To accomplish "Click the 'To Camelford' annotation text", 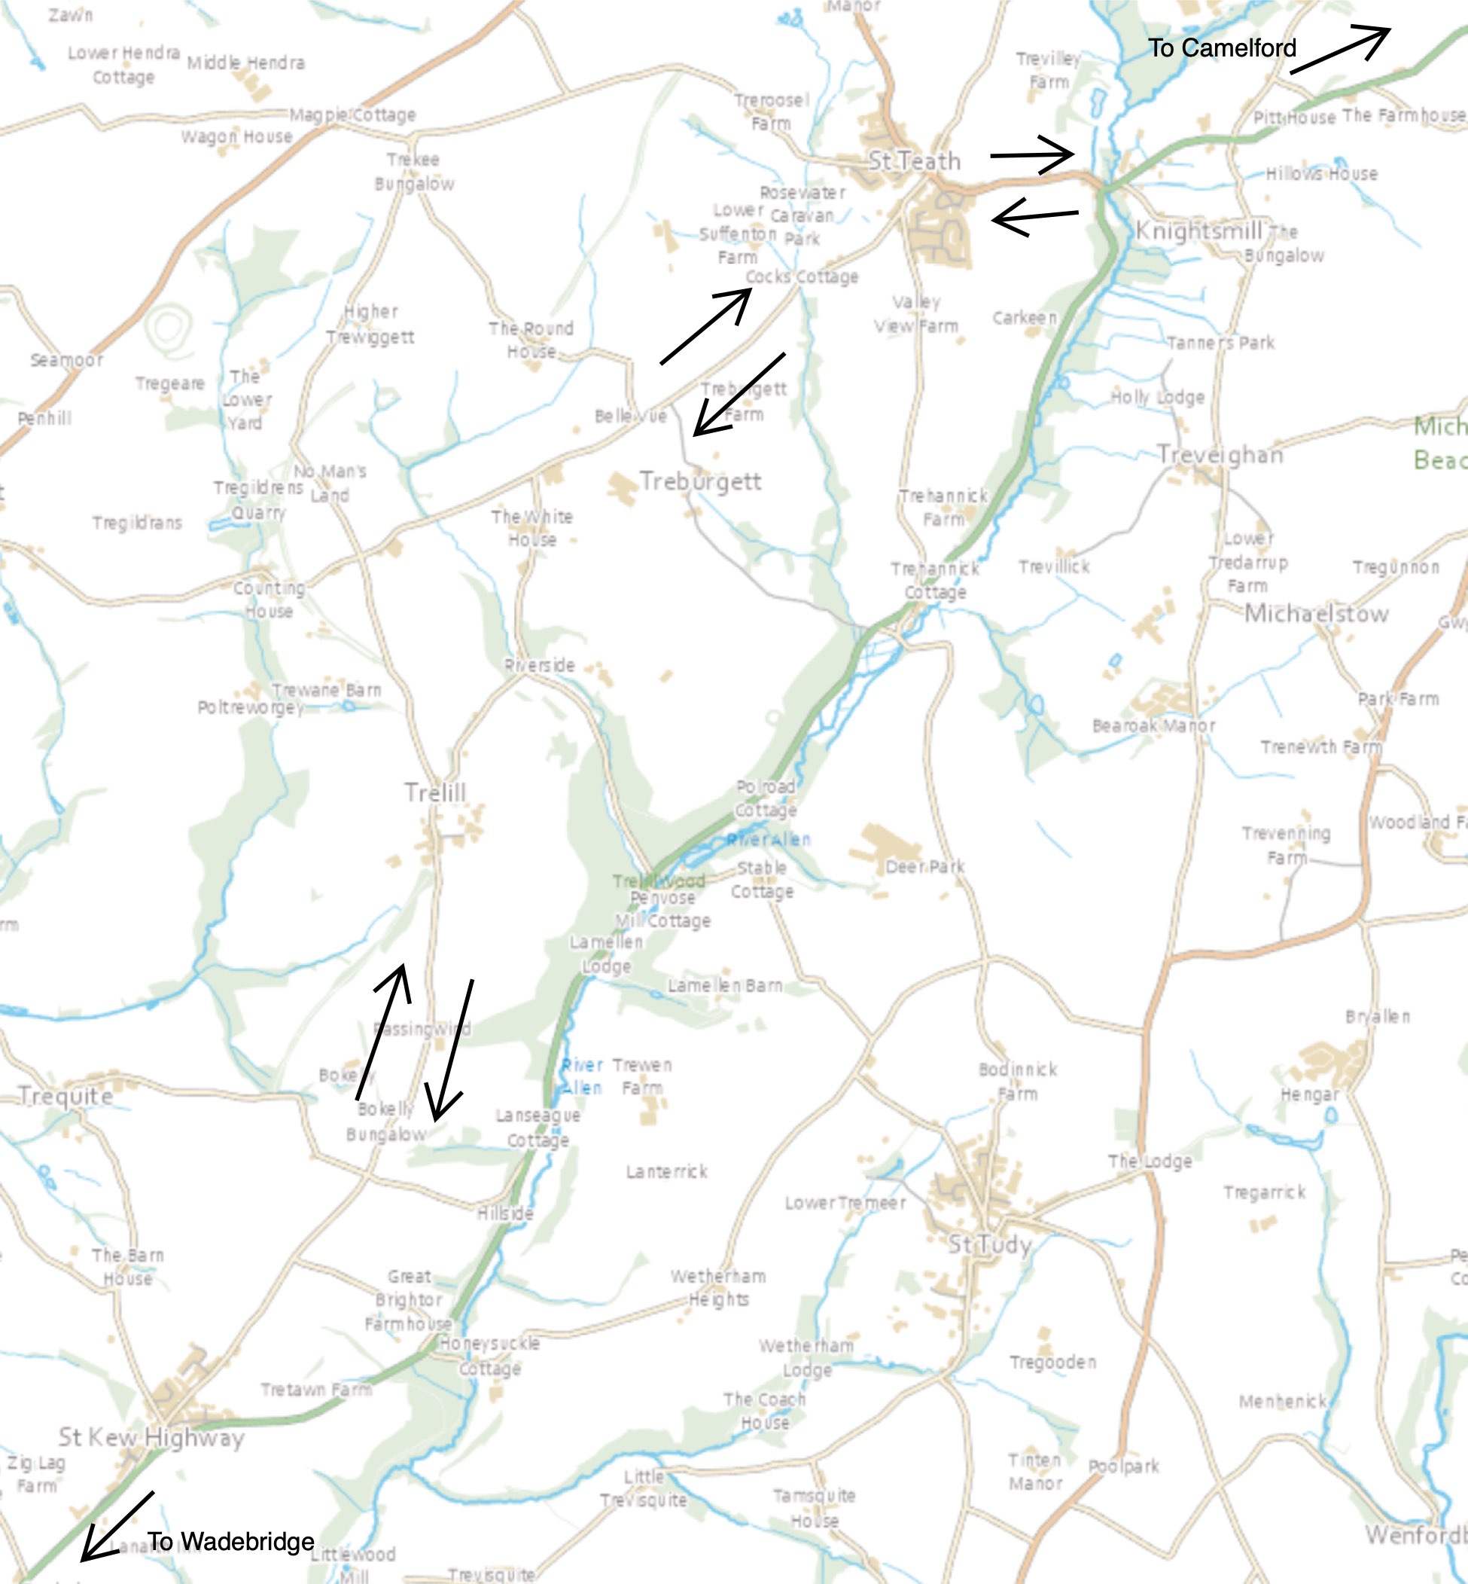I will [x=1222, y=48].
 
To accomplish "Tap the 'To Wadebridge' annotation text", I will [x=230, y=1541].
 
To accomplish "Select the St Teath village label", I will [x=915, y=161].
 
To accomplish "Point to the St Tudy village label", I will [x=990, y=1244].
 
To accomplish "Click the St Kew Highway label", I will [x=151, y=1437].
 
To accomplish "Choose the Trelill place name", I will [x=434, y=792].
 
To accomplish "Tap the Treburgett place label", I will [x=700, y=481].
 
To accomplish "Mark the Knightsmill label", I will [x=1198, y=231].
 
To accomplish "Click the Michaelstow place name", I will [x=1316, y=614].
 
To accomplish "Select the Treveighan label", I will [x=1220, y=455].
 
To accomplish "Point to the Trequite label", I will [x=65, y=1096].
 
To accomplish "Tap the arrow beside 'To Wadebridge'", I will [x=117, y=1527].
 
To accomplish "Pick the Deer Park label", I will [x=924, y=866].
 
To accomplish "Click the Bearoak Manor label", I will [x=1153, y=725].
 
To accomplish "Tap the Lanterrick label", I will [x=666, y=1171].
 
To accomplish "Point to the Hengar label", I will [x=1309, y=1095].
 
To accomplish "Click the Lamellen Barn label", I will [x=724, y=985].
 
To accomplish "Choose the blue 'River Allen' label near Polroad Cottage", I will [x=769, y=839].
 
